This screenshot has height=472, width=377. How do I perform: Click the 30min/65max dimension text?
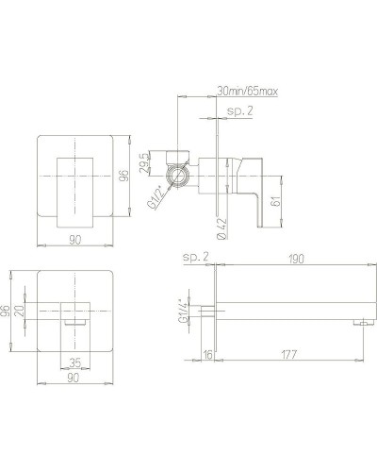coord(248,92)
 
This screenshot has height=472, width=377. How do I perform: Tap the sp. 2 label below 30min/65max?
coord(241,111)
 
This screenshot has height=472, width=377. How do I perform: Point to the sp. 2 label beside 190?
coord(194,257)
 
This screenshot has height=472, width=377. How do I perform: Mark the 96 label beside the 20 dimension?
coord(8,311)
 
